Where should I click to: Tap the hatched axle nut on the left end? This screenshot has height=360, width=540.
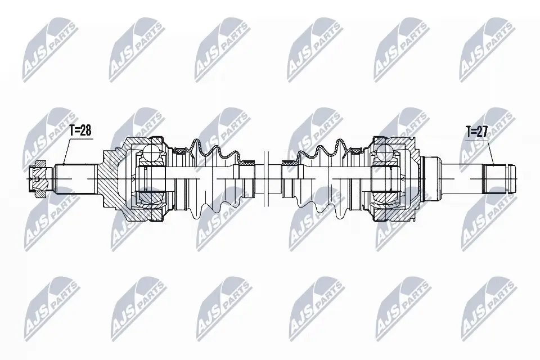click(38, 179)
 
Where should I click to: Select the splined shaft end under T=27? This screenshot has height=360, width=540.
click(495, 179)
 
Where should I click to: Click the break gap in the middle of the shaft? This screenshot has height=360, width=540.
click(266, 179)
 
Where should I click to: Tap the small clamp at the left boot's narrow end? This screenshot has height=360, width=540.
click(246, 163)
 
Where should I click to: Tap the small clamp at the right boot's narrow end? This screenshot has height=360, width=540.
click(289, 163)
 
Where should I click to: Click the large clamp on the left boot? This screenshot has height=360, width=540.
click(181, 150)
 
